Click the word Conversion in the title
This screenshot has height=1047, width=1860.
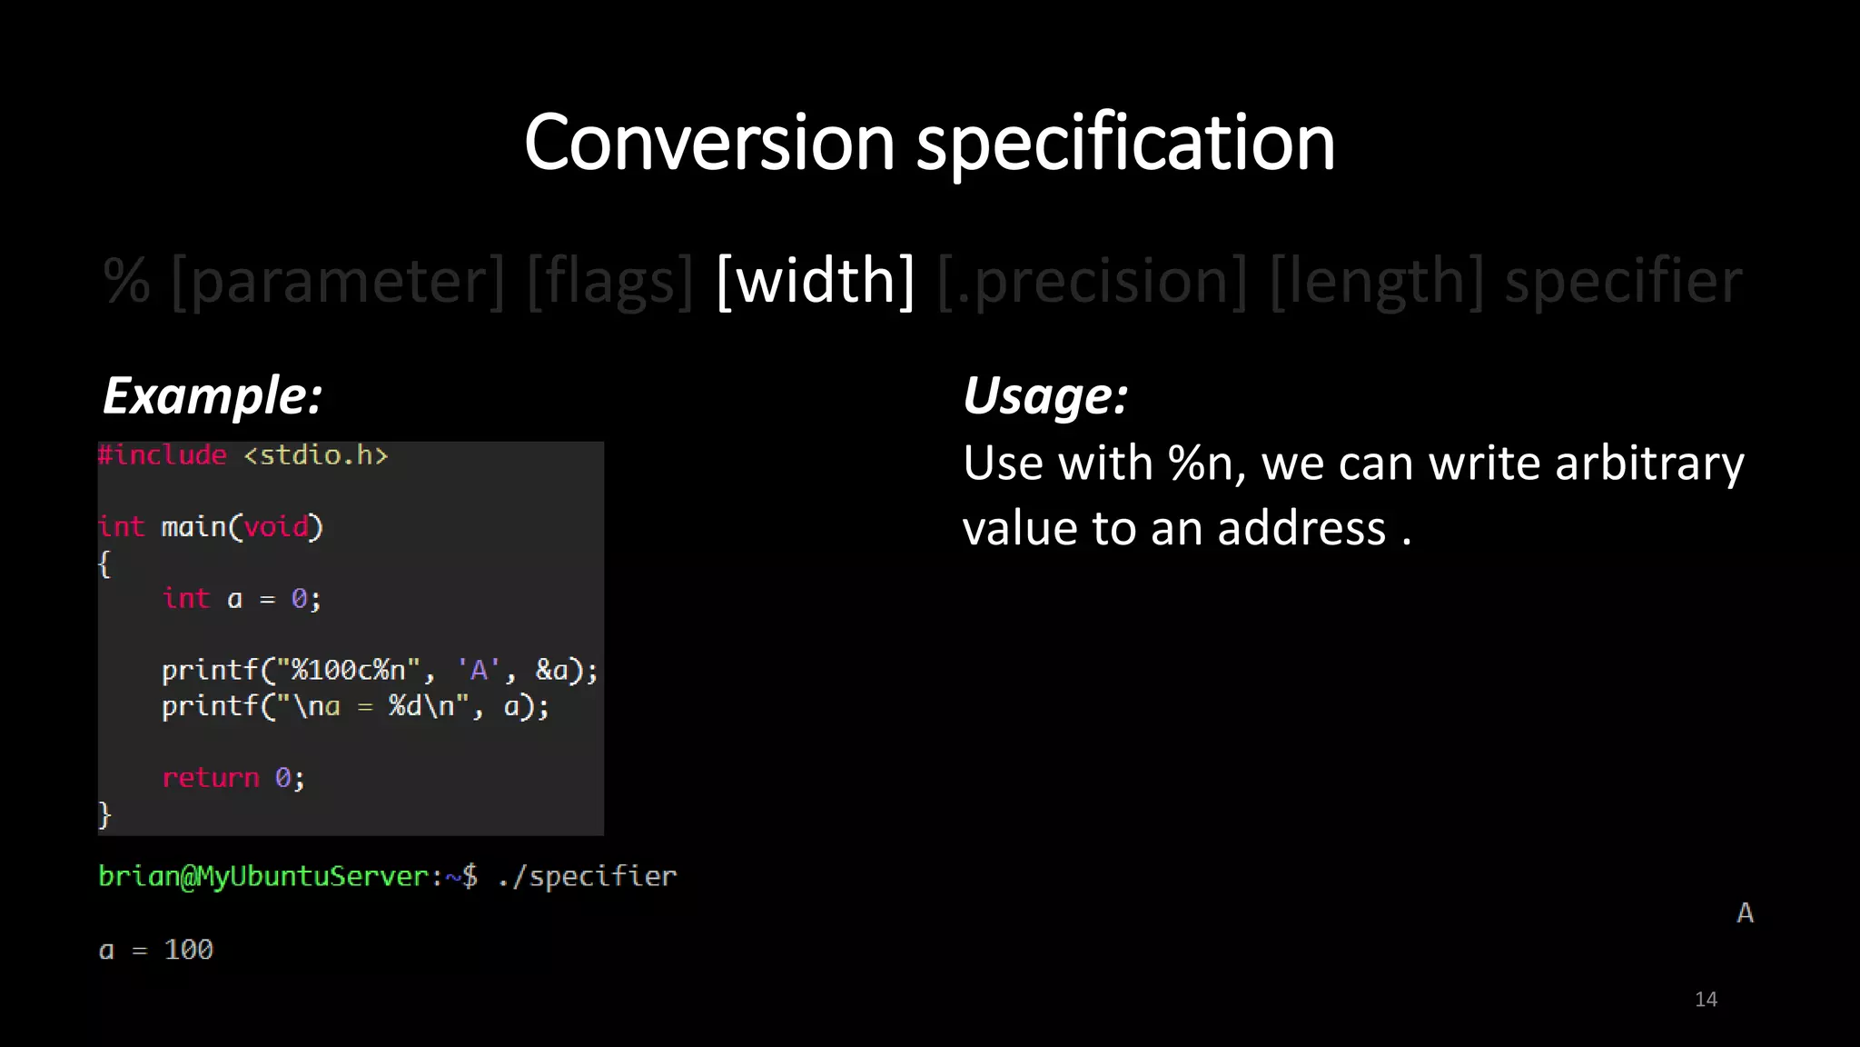coord(709,143)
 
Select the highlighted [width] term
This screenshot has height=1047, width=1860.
coord(815,281)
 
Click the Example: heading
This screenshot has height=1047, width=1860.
coord(213,396)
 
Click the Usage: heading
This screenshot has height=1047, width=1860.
coord(1045,396)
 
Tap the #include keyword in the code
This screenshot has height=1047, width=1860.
coord(163,454)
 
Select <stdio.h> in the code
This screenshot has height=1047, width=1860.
coord(315,454)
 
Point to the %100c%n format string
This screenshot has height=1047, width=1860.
coord(348,671)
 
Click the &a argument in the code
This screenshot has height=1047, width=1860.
coord(551,671)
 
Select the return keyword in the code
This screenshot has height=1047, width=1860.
coord(211,778)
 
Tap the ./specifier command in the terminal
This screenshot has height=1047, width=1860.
coord(587,876)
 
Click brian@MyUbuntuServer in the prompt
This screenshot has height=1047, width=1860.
coord(263,876)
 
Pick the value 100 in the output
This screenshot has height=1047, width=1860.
coord(188,950)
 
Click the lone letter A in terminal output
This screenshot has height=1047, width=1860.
coord(1745,913)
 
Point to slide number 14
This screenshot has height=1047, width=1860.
coord(1706,1000)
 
